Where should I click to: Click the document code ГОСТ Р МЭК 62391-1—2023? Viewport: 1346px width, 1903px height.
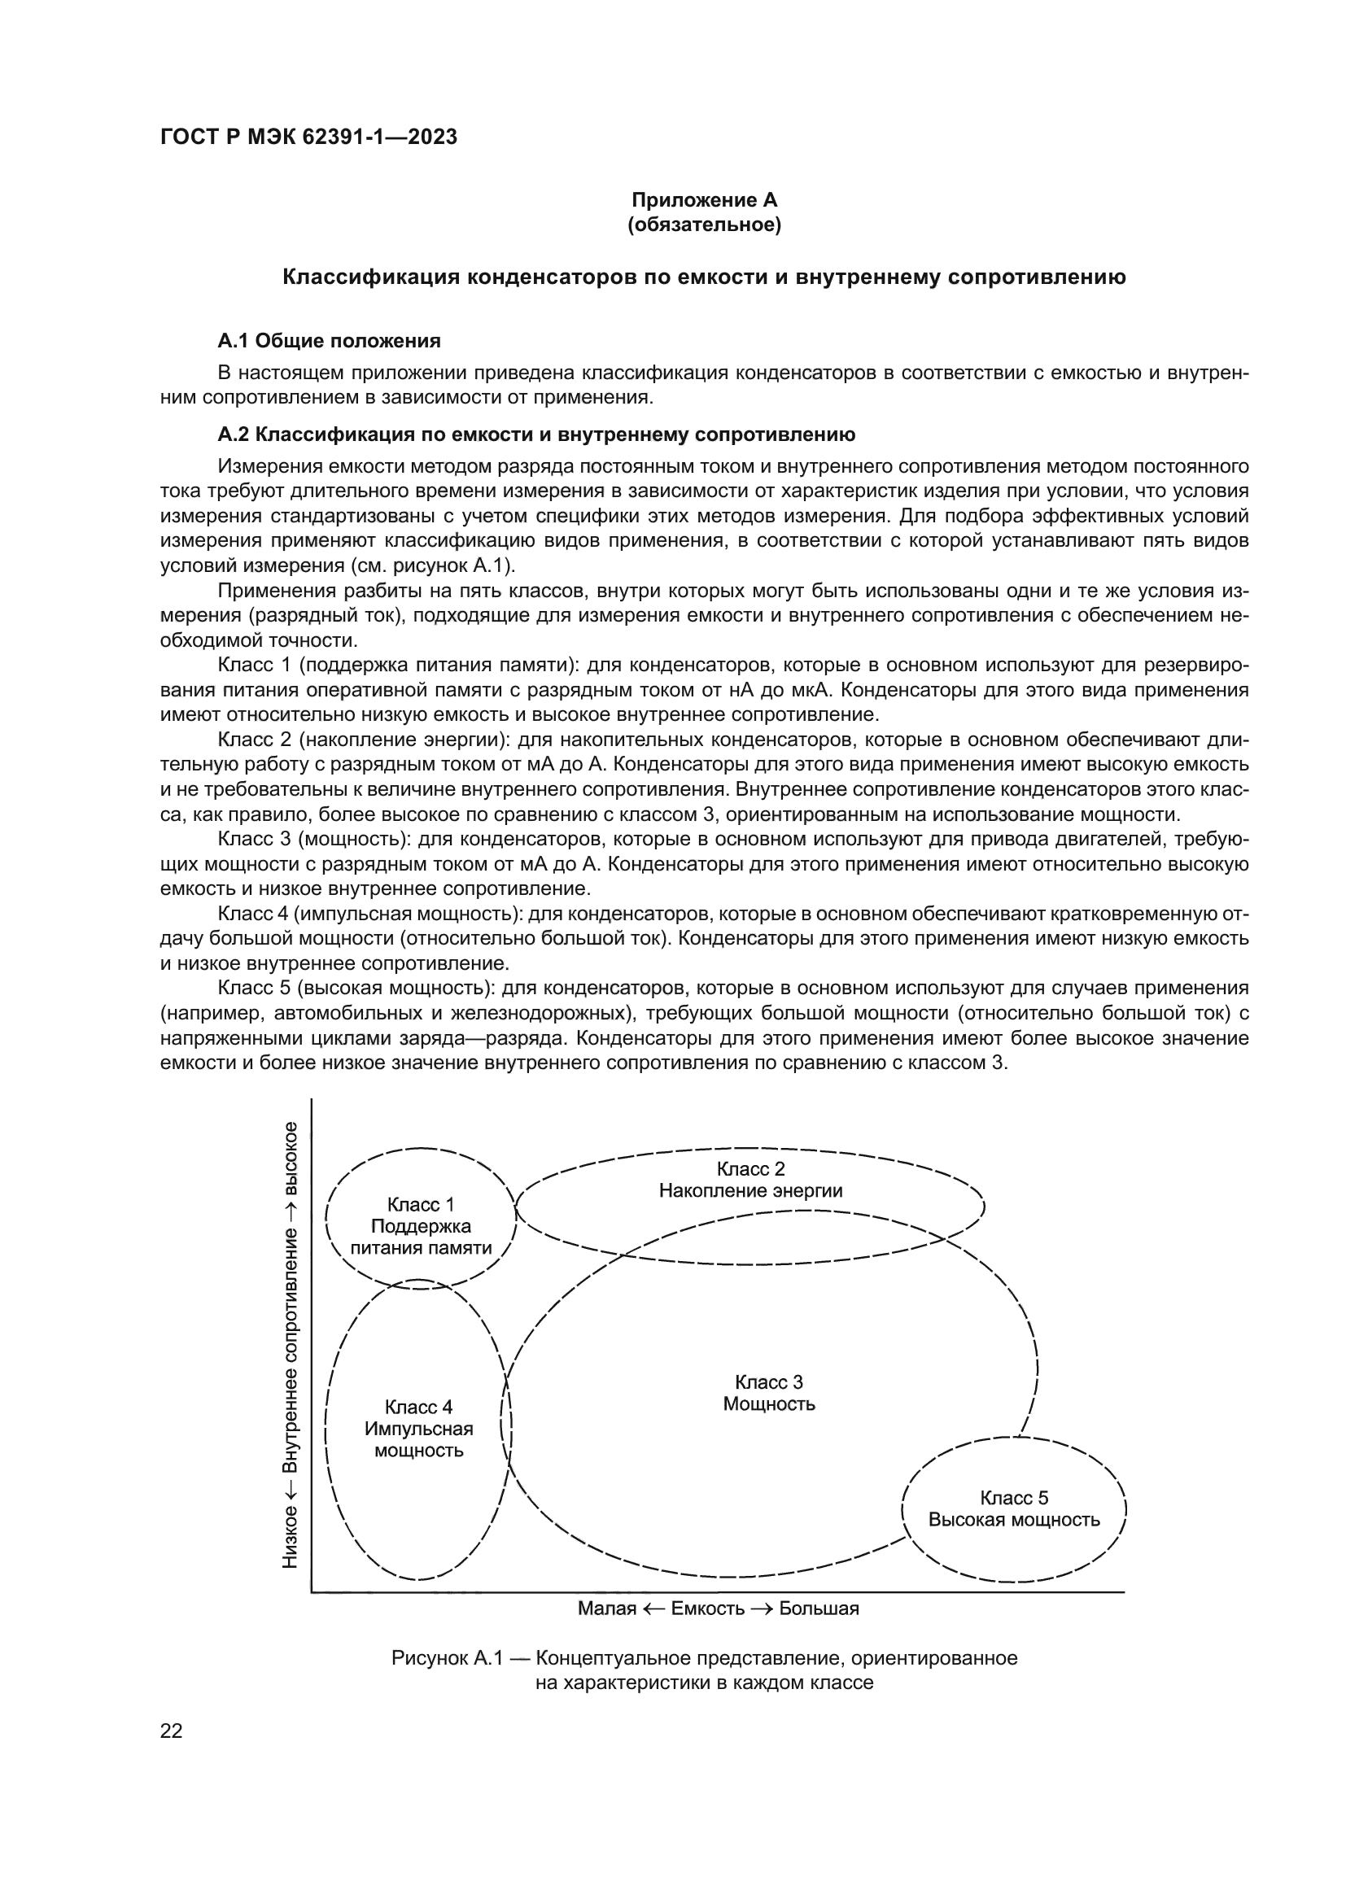point(308,137)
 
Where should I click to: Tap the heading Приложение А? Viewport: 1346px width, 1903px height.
point(704,200)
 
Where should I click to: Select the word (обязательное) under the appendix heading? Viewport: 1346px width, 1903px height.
point(704,225)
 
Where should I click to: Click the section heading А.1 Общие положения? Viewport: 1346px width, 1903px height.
point(328,341)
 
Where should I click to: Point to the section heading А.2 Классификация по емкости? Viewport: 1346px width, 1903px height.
point(535,434)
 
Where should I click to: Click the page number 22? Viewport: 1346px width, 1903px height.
point(171,1731)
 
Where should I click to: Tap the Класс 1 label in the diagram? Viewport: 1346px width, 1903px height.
point(420,1205)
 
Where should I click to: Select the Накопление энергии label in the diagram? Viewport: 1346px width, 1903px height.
point(750,1191)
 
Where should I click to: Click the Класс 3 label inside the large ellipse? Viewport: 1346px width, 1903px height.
point(768,1381)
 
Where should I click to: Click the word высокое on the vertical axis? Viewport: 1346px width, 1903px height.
point(290,1159)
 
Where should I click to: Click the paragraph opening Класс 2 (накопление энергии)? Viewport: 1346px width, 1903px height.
point(362,740)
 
